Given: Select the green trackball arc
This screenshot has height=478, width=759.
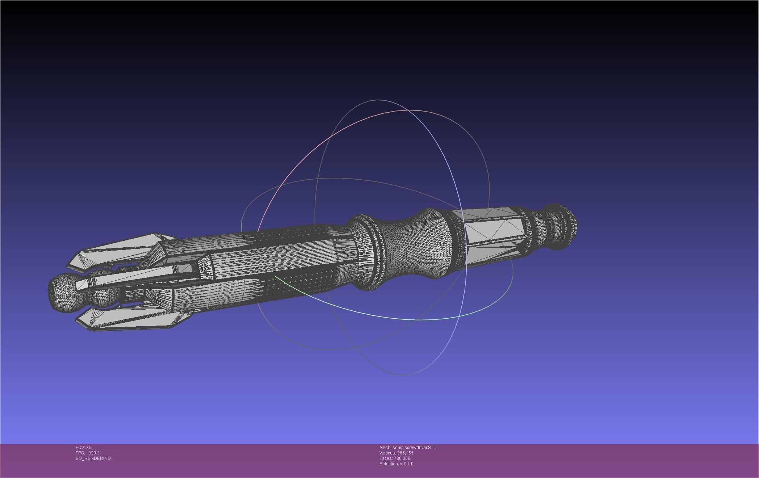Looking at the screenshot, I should point(416,319).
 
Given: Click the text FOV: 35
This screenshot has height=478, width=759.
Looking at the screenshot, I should point(83,448).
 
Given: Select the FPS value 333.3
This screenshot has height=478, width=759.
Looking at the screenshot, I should point(94,453).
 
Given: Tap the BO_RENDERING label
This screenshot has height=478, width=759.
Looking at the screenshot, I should point(93,458).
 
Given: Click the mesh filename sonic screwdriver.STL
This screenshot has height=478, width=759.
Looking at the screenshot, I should point(414,448).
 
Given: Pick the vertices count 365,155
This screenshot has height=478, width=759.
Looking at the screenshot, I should point(405,453).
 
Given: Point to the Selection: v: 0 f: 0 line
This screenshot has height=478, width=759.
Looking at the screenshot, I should point(396,464).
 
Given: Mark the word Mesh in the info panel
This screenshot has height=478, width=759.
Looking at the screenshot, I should point(385,448).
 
